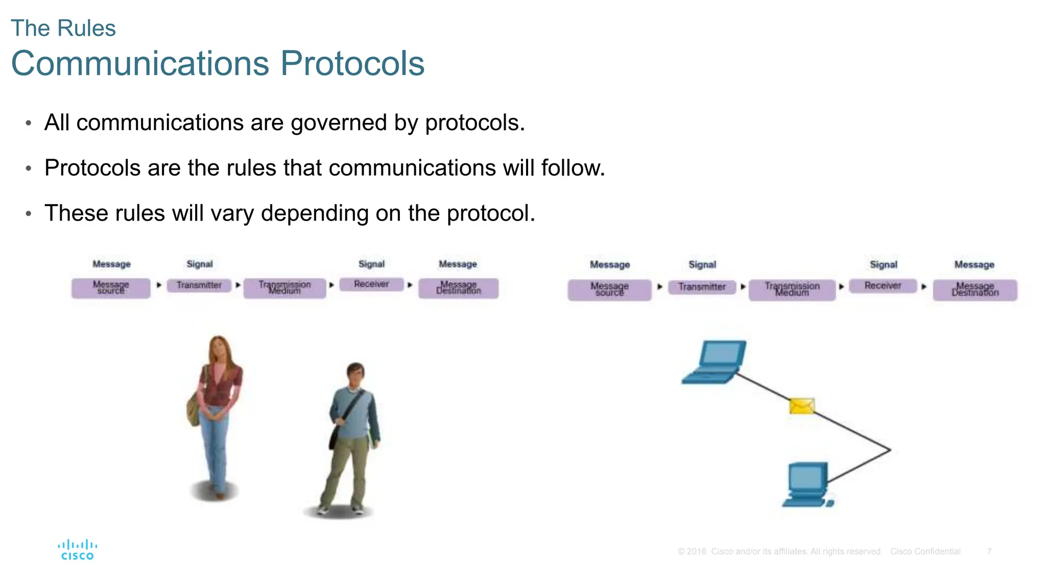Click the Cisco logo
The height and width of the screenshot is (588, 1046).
click(77, 550)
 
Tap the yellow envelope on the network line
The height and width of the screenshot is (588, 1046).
click(801, 406)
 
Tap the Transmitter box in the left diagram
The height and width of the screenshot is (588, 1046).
click(199, 285)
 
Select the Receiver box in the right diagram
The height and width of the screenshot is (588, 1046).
click(883, 286)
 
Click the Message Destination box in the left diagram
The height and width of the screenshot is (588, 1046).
click(458, 288)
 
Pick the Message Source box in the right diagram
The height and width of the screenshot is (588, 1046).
click(609, 289)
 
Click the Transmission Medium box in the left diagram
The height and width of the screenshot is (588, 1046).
click(284, 288)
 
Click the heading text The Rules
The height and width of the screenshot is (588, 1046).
click(63, 28)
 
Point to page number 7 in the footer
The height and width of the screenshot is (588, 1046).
click(989, 551)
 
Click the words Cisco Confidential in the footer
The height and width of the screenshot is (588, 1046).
click(925, 551)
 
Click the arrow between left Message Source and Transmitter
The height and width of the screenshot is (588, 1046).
click(159, 285)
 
